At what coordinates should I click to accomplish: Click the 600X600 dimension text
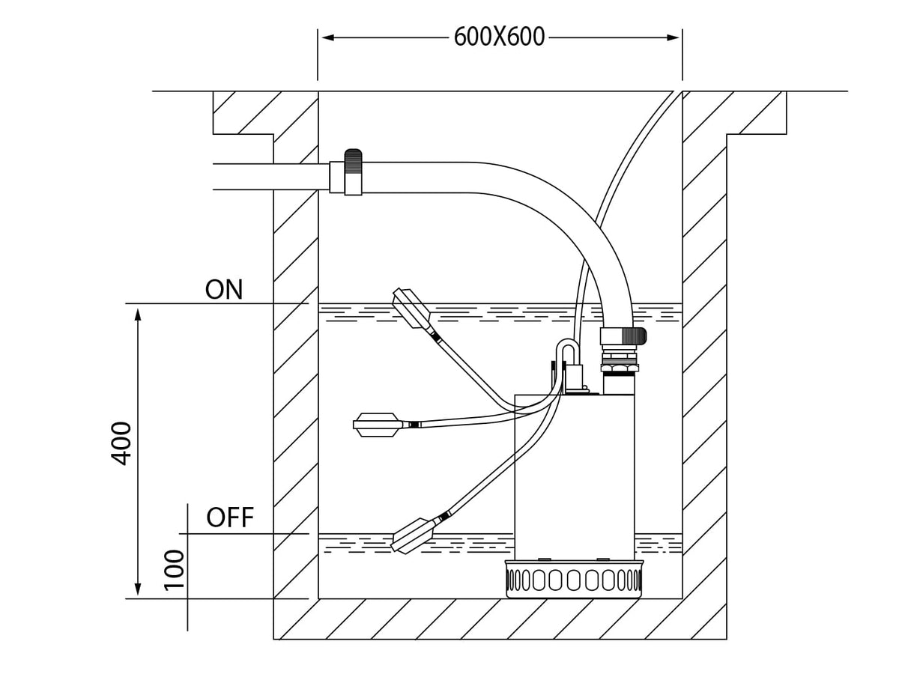tap(499, 37)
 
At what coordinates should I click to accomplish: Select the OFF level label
tap(230, 518)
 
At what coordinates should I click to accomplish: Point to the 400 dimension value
tap(121, 443)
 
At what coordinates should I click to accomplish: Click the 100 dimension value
tap(174, 570)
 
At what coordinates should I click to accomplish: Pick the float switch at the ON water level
tap(411, 308)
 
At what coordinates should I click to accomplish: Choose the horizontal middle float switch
tap(378, 425)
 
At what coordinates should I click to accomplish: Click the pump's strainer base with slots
tap(574, 579)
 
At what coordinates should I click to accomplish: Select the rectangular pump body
tap(574, 477)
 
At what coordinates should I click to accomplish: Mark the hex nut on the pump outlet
tap(620, 367)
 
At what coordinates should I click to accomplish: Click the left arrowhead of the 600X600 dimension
tap(327, 37)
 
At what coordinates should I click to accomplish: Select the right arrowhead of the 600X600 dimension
tap(673, 37)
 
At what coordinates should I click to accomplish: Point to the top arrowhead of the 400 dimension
tap(138, 315)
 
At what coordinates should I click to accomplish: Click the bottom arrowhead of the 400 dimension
tap(138, 589)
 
